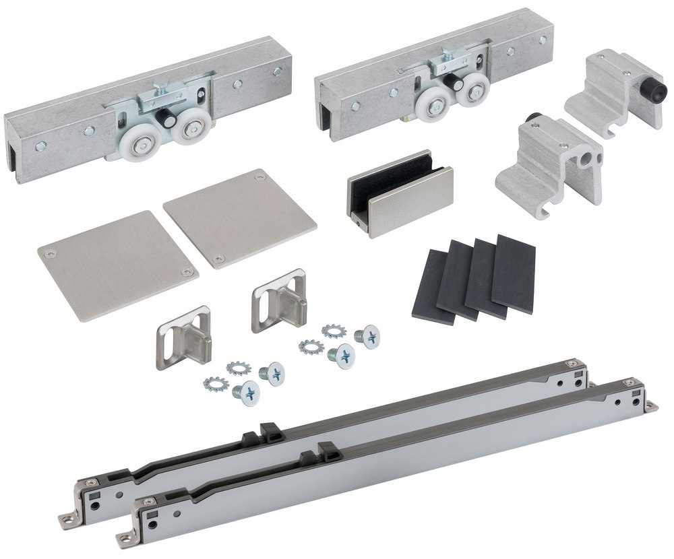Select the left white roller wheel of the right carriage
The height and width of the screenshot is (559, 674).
tap(435, 104)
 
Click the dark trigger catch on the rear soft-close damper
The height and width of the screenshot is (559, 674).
tap(269, 432)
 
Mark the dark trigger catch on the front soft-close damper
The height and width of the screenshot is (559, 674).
tap(328, 449)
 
